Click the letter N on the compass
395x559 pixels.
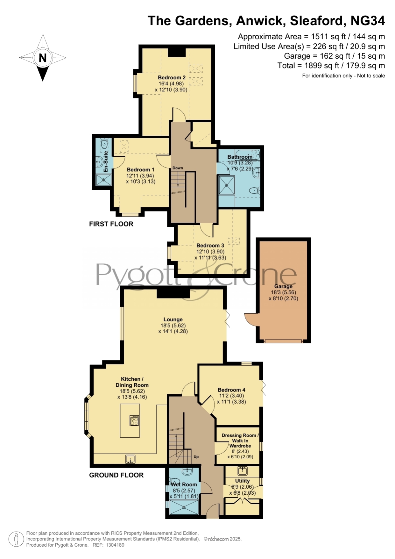(43, 58)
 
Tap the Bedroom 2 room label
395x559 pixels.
(172, 77)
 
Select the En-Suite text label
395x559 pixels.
(106, 162)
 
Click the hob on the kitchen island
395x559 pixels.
(134, 420)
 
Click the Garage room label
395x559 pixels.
(283, 286)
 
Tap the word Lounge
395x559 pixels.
(173, 319)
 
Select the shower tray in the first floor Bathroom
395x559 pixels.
(227, 185)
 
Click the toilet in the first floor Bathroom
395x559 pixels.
(255, 191)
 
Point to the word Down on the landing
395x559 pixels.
(178, 168)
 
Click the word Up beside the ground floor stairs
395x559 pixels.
(196, 457)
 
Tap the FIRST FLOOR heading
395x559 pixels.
(111, 224)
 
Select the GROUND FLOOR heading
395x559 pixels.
(116, 475)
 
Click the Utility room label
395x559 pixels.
(243, 481)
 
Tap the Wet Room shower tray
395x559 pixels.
(184, 507)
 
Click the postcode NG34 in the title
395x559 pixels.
(368, 21)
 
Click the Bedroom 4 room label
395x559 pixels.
(231, 390)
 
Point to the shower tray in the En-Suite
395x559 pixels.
(104, 180)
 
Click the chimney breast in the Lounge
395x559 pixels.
(173, 293)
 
